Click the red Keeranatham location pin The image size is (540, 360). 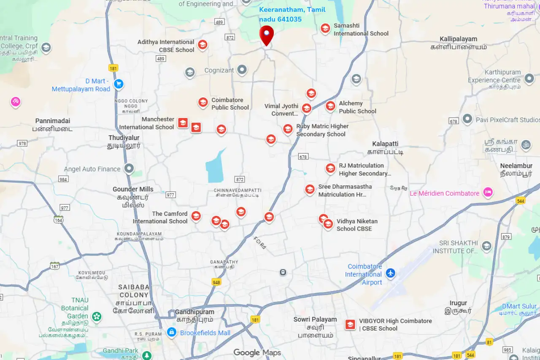pos(266,35)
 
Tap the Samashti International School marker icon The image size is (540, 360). pos(325,29)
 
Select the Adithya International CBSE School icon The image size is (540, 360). pos(203,45)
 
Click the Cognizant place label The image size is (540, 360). pos(219,70)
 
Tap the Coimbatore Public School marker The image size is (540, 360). pos(203,102)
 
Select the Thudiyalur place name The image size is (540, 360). pos(124,142)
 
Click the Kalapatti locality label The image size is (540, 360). pos(385,148)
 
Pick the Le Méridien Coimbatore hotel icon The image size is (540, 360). pos(488,193)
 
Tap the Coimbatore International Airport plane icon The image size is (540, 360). pos(391,274)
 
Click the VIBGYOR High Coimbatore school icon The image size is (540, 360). pos(350,325)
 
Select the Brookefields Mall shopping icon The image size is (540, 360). pos(171,333)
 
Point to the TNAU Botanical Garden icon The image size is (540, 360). pos(97,316)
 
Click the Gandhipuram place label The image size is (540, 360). pos(194,315)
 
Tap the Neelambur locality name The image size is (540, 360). pos(516,169)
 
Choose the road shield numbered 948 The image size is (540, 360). pos(216,282)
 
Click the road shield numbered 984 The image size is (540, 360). pos(63,179)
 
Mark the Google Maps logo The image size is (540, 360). pos(257,353)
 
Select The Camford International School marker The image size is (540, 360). pos(196,216)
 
